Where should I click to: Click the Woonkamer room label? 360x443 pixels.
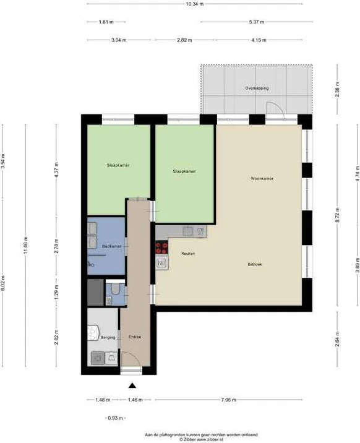(x=262, y=179)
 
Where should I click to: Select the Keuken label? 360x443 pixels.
(x=188, y=254)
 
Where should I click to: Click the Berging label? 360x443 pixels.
(x=99, y=338)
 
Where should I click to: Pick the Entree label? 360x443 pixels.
(x=135, y=337)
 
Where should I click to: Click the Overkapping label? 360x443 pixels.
(x=256, y=88)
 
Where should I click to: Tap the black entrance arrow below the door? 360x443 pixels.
(x=132, y=385)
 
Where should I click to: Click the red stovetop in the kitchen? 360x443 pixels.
(x=161, y=247)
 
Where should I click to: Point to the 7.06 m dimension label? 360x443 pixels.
(x=229, y=400)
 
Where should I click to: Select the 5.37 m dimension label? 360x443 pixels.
(x=256, y=22)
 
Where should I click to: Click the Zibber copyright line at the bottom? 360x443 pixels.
(x=180, y=440)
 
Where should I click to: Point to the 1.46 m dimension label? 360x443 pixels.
(x=135, y=400)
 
